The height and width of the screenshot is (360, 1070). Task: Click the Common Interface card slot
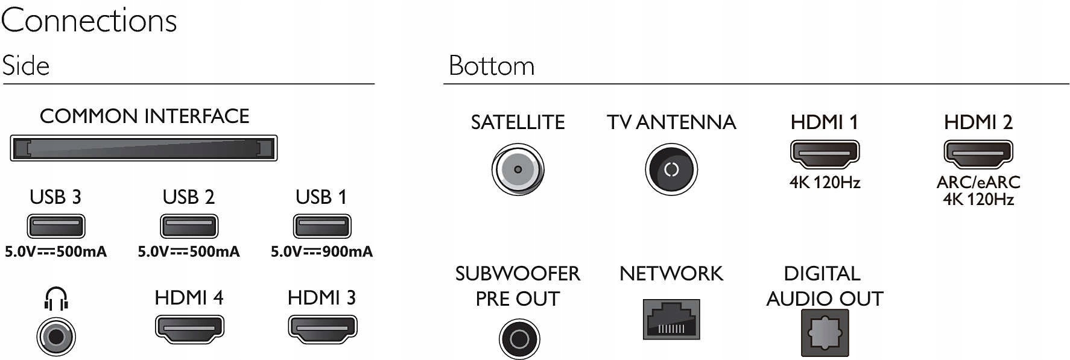pyautogui.click(x=144, y=148)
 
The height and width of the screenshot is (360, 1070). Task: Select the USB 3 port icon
pyautogui.click(x=55, y=227)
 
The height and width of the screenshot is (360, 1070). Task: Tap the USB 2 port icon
pyautogui.click(x=189, y=227)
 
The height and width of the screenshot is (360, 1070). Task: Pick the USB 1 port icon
pyautogui.click(x=321, y=227)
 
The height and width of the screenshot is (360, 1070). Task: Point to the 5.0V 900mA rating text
pyautogui.click(x=321, y=251)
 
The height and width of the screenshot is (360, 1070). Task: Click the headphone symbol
pyautogui.click(x=56, y=298)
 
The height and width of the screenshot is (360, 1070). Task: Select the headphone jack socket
pyautogui.click(x=56, y=336)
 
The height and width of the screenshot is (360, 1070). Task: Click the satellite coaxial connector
pyautogui.click(x=518, y=169)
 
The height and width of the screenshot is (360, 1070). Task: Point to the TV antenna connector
pyautogui.click(x=671, y=169)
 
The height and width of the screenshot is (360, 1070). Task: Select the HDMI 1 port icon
pyautogui.click(x=825, y=154)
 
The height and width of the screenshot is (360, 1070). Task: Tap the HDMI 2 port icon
pyautogui.click(x=978, y=154)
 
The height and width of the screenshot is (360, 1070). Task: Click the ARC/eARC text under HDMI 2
pyautogui.click(x=978, y=182)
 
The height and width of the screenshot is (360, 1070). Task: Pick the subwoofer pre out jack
pyautogui.click(x=519, y=339)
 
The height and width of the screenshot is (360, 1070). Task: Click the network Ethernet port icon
pyautogui.click(x=671, y=320)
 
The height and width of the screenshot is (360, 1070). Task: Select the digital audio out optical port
pyautogui.click(x=825, y=333)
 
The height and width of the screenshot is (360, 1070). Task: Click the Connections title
pyautogui.click(x=89, y=21)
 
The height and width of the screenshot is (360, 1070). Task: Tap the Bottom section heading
pyautogui.click(x=492, y=66)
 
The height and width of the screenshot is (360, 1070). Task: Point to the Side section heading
pyautogui.click(x=25, y=66)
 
